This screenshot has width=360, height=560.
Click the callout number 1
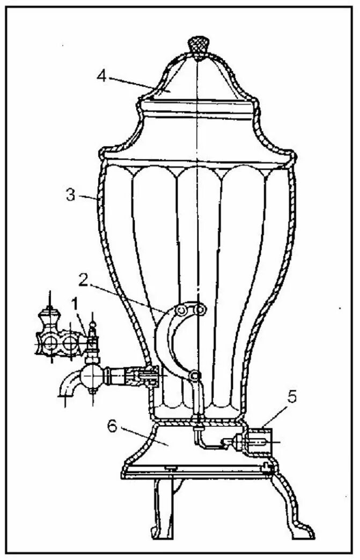click(76, 304)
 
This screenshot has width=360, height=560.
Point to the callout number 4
click(101, 75)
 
